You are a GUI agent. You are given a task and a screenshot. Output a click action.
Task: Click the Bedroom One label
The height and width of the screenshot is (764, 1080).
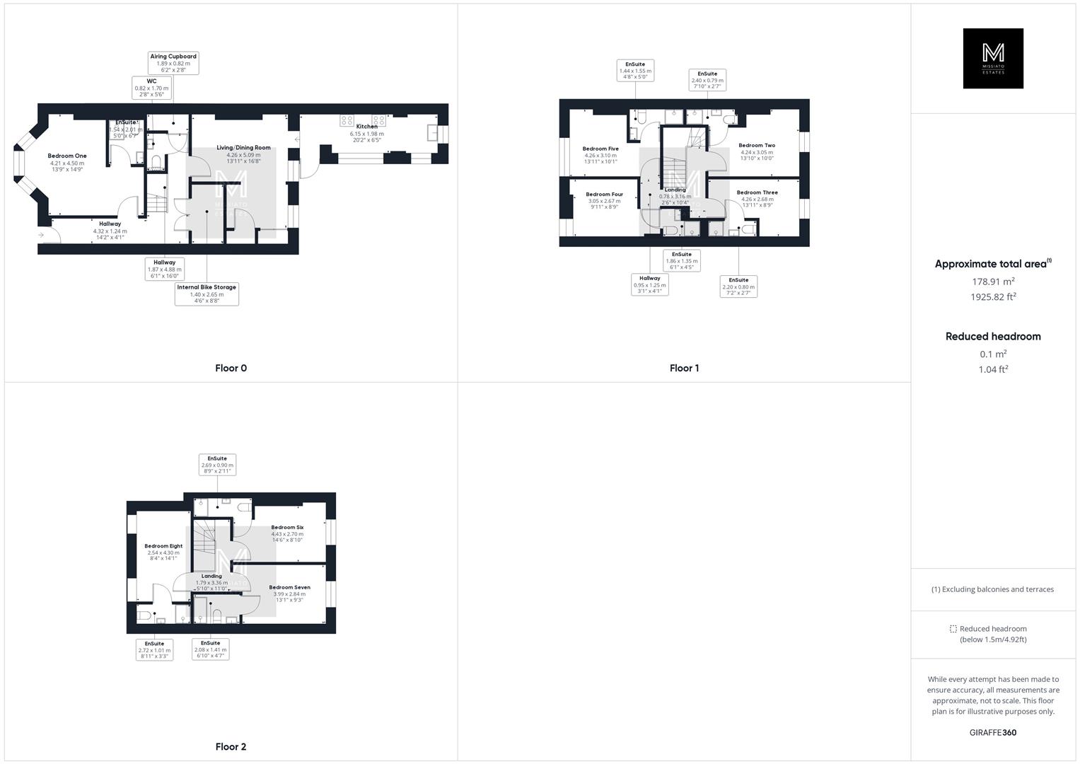click(x=67, y=156)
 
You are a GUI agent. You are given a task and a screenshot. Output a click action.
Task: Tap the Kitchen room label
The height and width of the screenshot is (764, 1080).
click(x=366, y=127)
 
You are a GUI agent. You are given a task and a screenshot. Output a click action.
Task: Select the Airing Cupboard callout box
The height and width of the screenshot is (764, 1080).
click(x=173, y=63)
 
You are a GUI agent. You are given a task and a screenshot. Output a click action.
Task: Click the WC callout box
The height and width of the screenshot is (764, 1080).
click(x=151, y=88)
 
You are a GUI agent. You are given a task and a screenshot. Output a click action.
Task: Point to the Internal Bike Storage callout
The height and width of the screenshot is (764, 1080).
click(x=207, y=294)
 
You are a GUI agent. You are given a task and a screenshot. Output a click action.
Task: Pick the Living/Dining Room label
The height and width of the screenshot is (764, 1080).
click(x=243, y=148)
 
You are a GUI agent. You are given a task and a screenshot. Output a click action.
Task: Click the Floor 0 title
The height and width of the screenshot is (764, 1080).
click(x=231, y=368)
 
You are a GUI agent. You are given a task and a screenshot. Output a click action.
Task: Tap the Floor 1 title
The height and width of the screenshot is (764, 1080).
click(x=684, y=368)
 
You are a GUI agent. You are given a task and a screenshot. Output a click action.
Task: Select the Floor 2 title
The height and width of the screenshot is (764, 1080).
click(x=231, y=746)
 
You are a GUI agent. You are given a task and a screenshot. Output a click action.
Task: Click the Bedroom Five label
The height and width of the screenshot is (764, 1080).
click(x=600, y=149)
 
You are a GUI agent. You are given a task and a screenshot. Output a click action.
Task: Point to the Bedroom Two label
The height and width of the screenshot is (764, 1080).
click(x=756, y=146)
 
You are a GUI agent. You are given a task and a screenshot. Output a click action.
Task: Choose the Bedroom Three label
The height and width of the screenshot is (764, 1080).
click(x=757, y=192)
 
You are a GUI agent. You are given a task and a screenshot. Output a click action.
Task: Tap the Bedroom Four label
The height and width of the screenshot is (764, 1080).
click(x=604, y=195)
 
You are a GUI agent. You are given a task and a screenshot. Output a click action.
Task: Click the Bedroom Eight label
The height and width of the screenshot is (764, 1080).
click(x=163, y=546)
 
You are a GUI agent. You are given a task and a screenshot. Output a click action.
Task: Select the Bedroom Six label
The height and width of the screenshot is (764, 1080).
click(x=287, y=528)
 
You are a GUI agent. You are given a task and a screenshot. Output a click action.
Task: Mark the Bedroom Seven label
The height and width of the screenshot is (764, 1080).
click(x=289, y=587)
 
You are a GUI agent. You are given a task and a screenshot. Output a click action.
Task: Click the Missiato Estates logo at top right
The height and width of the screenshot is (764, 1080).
click(x=993, y=59)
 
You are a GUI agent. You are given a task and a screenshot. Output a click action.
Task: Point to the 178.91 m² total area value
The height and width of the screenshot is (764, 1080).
click(x=993, y=282)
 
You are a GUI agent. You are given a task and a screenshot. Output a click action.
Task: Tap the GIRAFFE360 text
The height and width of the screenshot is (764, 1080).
click(x=993, y=732)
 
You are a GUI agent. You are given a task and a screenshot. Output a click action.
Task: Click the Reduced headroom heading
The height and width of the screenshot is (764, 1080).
click(x=993, y=337)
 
